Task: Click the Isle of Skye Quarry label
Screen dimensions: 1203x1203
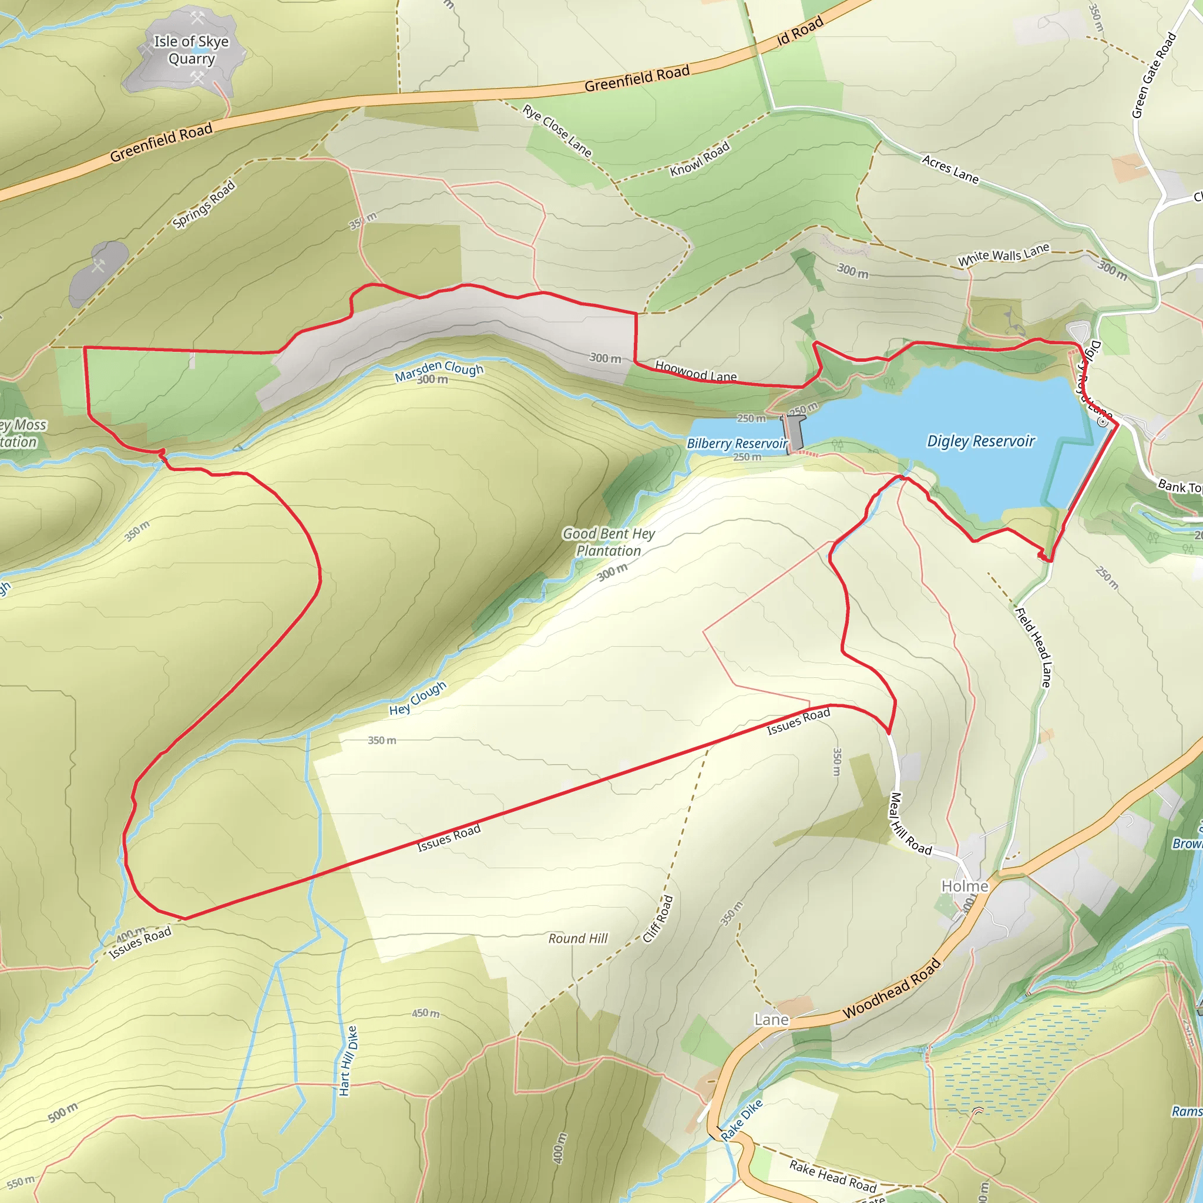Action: click(x=191, y=50)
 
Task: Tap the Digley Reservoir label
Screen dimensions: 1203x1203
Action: click(x=980, y=441)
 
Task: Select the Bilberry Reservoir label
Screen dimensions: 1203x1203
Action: click(x=737, y=443)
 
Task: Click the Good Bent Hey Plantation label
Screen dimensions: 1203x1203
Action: click(x=609, y=542)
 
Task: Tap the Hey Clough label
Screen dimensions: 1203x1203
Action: click(x=418, y=698)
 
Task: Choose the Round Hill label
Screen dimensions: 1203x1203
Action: click(x=577, y=938)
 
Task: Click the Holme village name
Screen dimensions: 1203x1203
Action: click(x=965, y=886)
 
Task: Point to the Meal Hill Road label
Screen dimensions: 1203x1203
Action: click(x=910, y=824)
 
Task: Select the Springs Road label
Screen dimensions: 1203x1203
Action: click(x=204, y=204)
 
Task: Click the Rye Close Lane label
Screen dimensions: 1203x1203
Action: click(x=557, y=130)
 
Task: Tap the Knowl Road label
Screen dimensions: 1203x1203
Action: click(x=699, y=159)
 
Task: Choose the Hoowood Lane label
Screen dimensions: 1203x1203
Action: click(x=695, y=372)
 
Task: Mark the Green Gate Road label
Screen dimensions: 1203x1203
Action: click(x=1154, y=75)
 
